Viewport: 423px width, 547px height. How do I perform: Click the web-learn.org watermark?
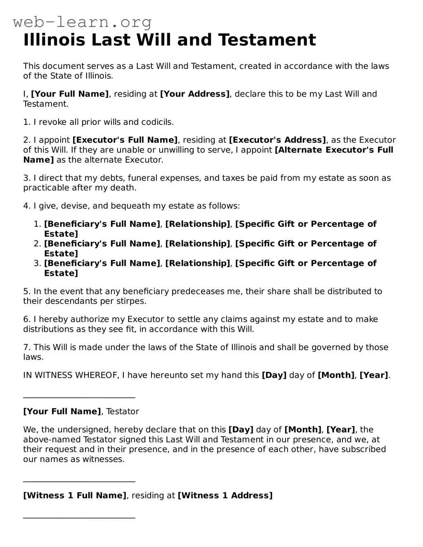82,22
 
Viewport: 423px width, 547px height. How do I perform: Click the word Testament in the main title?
267,40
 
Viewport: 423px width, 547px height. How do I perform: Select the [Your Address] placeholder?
195,94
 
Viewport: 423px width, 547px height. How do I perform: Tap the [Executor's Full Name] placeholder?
125,140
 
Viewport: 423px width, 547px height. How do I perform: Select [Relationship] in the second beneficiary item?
198,244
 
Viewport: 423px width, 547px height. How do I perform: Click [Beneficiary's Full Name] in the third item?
102,263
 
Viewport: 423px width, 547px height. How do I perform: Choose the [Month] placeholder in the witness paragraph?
303,430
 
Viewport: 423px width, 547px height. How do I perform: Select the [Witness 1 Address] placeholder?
225,495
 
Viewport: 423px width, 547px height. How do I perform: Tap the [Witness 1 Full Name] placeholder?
75,495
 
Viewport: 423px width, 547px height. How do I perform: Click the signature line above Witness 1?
79,481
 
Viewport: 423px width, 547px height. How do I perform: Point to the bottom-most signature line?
79,518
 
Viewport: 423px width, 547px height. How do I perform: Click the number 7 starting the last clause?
26,347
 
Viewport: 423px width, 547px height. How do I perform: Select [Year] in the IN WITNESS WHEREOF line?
374,376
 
